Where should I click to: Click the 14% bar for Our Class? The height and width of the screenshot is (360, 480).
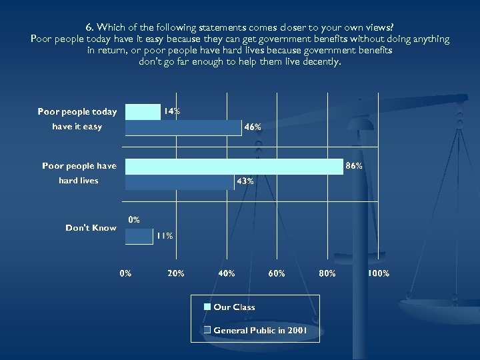(143, 112)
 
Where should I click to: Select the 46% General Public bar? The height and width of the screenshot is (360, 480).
(183, 127)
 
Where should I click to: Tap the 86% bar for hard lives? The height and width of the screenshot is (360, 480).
(234, 165)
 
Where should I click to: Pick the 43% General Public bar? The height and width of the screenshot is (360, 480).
(179, 181)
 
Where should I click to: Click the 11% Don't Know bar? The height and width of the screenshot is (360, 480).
(139, 235)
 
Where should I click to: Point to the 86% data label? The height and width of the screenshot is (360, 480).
(353, 165)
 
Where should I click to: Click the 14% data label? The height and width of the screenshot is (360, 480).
(172, 112)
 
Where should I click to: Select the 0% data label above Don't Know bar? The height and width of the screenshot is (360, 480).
(134, 219)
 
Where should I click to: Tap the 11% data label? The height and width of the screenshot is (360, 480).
(165, 235)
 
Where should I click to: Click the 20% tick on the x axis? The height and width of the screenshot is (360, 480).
(176, 273)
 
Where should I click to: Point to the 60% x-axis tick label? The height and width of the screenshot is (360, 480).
(277, 273)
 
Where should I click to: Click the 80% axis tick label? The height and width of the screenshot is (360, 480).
(327, 273)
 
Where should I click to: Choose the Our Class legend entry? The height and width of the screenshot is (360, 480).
(233, 307)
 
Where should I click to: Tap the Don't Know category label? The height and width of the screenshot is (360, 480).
(91, 228)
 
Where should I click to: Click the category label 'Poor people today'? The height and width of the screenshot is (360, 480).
(77, 112)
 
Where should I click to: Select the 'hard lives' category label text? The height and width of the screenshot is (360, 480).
(79, 181)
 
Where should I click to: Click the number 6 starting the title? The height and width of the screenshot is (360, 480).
(89, 27)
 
